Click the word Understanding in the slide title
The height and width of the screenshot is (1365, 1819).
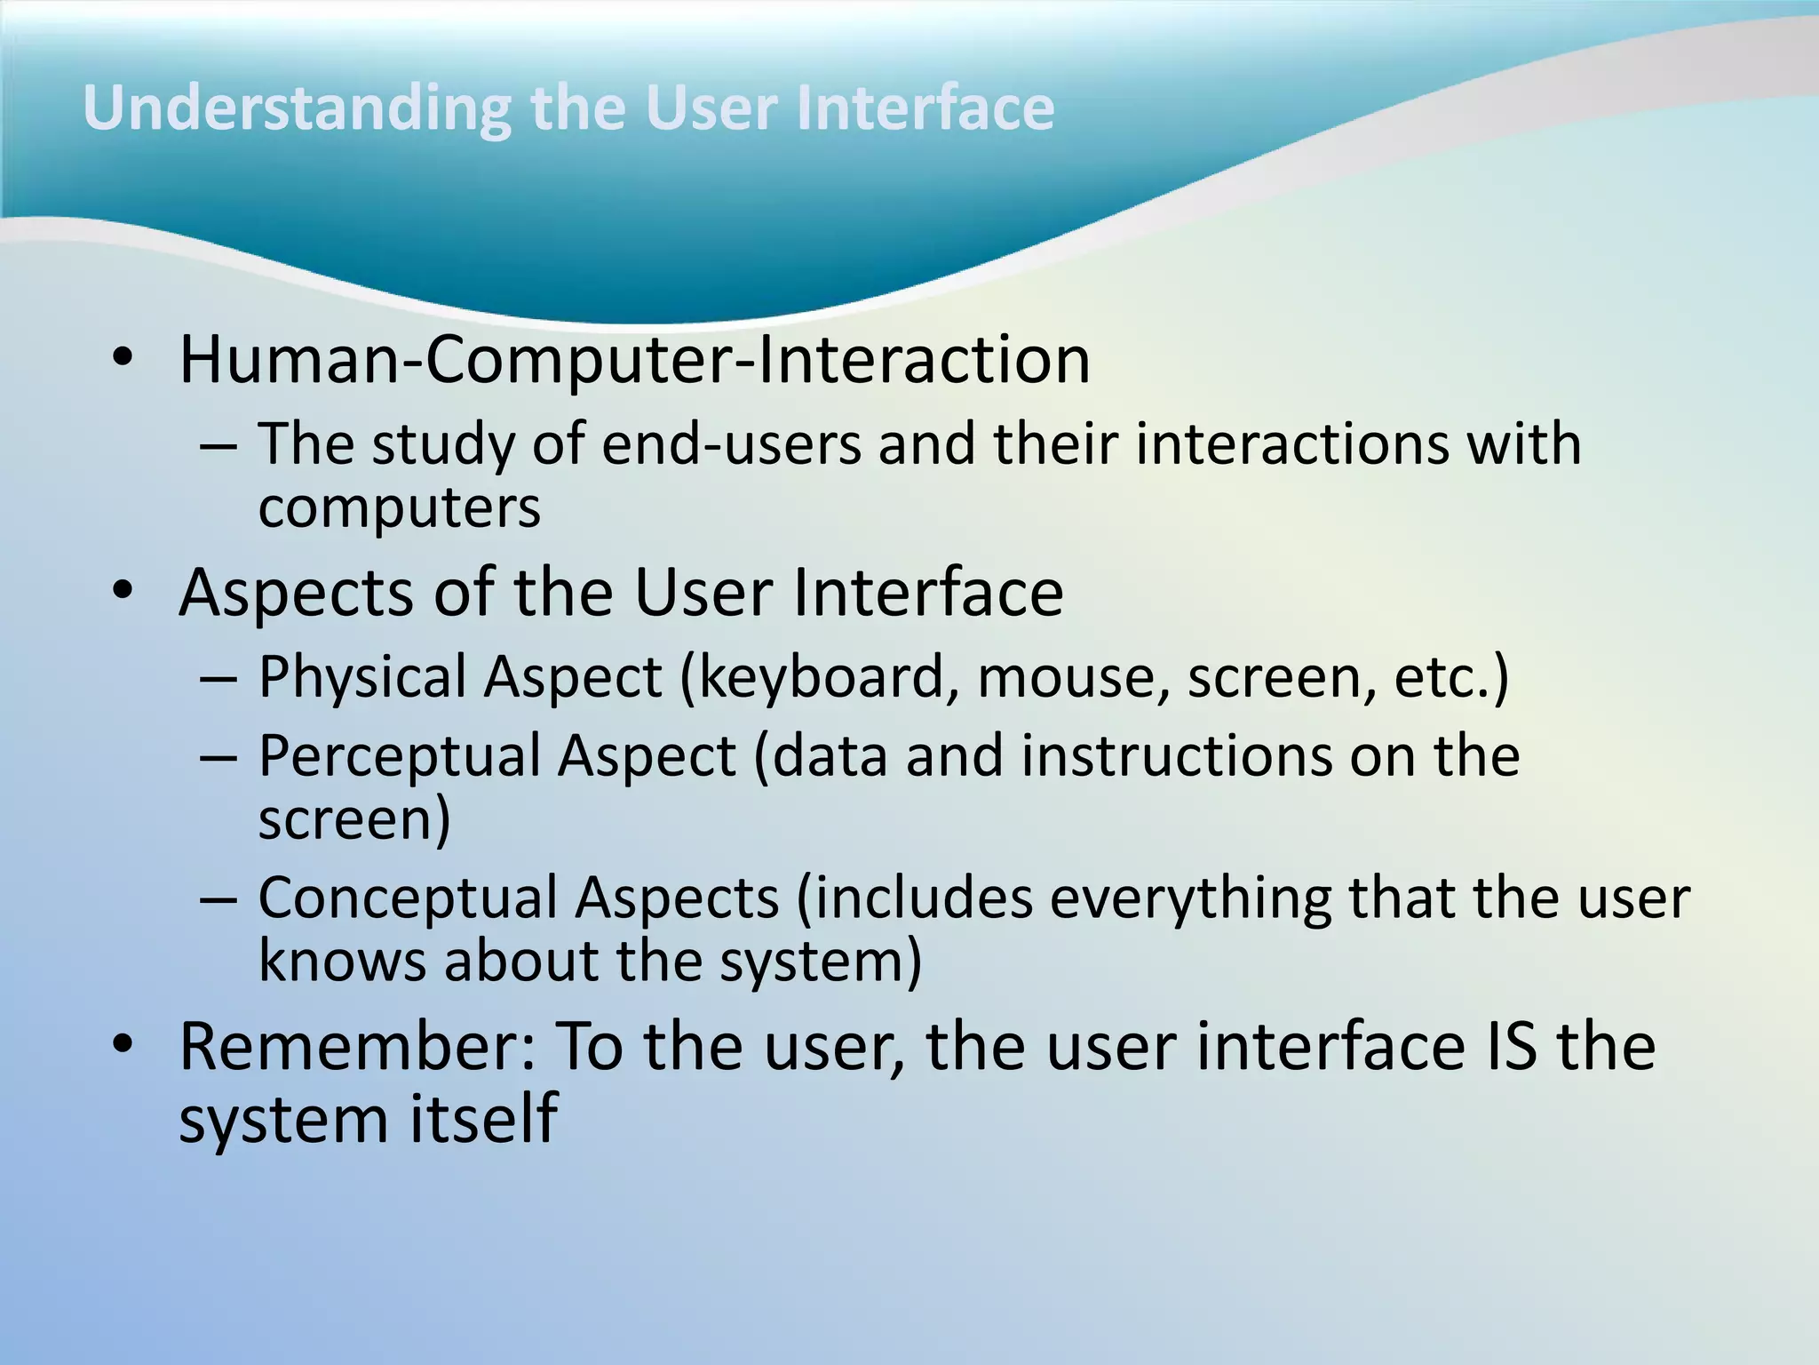point(297,109)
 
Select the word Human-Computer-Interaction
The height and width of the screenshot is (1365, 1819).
point(634,360)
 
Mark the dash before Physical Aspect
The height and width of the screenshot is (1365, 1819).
point(218,680)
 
